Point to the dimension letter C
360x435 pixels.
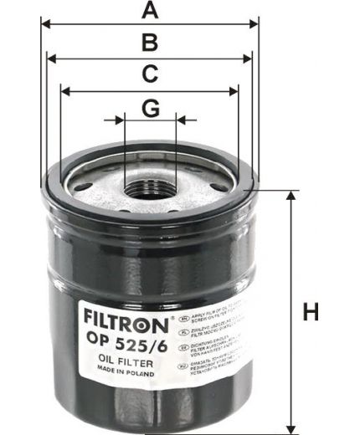pyautogui.click(x=150, y=74)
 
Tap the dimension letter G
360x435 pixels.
pyautogui.click(x=150, y=107)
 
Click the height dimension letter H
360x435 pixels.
pyautogui.click(x=311, y=314)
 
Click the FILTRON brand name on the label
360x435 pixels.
pyautogui.click(x=125, y=319)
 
